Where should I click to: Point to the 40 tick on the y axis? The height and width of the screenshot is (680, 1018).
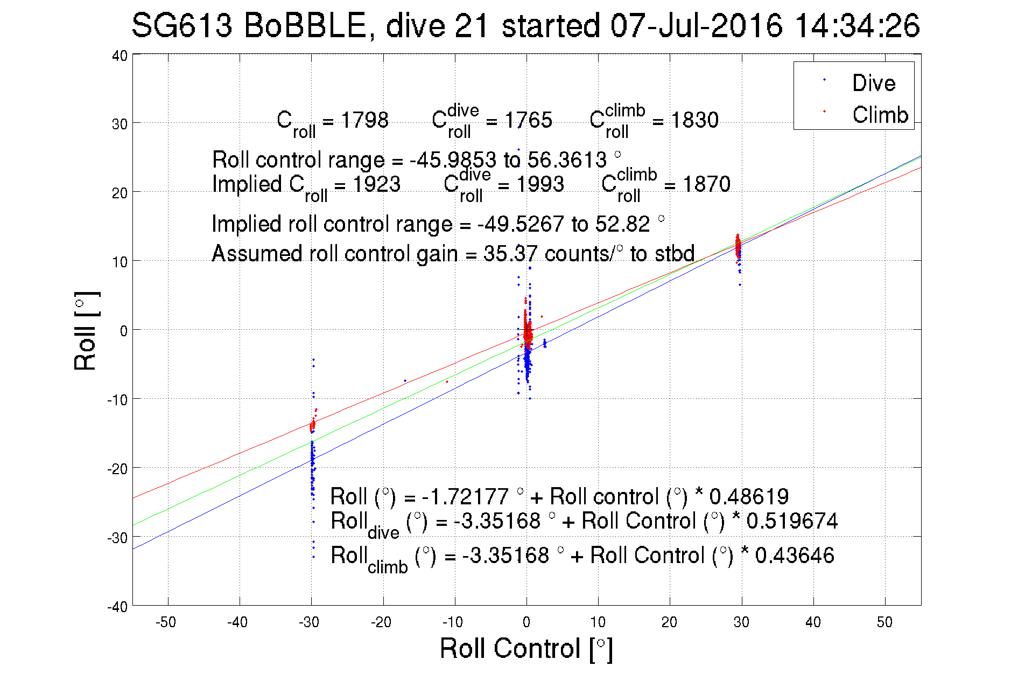[x=120, y=55]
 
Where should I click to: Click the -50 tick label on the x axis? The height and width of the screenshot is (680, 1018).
[x=165, y=622]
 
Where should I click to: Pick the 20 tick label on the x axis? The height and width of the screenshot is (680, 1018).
[x=669, y=622]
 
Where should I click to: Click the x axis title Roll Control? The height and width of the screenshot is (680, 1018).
[x=526, y=648]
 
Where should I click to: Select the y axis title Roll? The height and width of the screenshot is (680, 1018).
[x=86, y=331]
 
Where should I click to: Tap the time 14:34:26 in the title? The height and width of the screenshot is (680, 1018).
[x=857, y=26]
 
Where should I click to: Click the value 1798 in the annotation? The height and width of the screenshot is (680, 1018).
[x=364, y=120]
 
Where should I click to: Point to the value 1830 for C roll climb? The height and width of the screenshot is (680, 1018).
[x=694, y=120]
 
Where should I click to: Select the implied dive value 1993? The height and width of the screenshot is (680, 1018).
[x=539, y=184]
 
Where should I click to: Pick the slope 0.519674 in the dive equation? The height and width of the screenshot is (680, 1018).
[x=792, y=521]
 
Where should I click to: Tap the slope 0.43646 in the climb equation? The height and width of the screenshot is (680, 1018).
[x=794, y=556]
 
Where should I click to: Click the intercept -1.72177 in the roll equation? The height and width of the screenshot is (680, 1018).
[x=465, y=496]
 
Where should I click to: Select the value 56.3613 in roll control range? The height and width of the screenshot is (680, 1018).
[x=567, y=160]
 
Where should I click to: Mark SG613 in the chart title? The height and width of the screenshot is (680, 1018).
[x=181, y=26]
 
